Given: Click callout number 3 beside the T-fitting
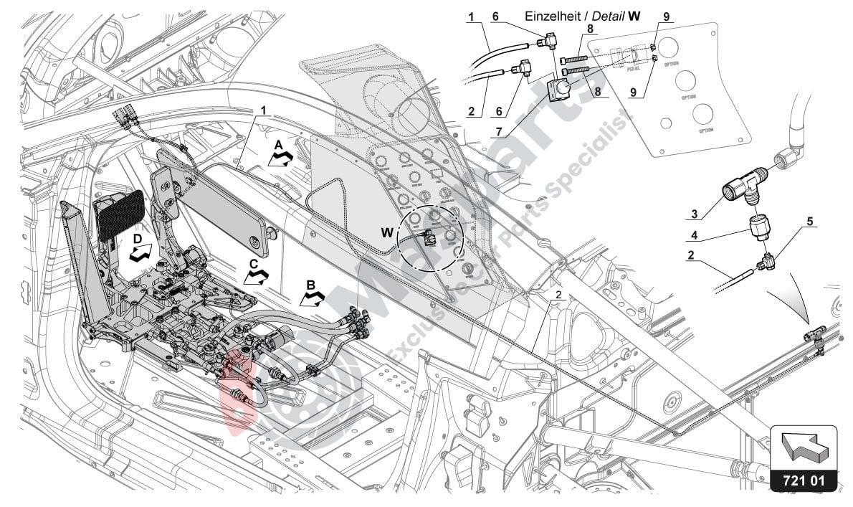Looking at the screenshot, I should (x=692, y=214).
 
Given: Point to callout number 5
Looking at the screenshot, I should (x=810, y=222).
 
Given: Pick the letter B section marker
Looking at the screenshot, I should (x=310, y=285).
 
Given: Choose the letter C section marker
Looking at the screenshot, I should (x=254, y=264).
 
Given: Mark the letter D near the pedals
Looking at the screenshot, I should (x=136, y=237).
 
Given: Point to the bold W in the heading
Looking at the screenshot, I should (x=634, y=15).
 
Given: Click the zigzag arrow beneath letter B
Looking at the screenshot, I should (x=311, y=298).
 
